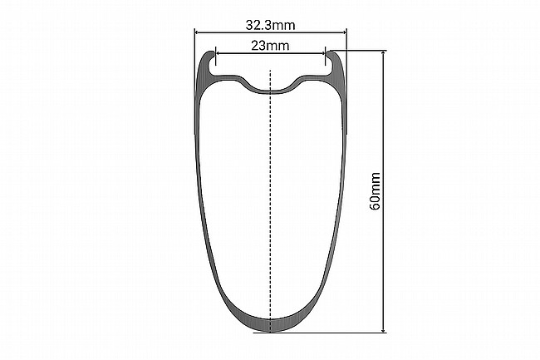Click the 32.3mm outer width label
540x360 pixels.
pos(270,25)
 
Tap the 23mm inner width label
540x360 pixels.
pos(270,46)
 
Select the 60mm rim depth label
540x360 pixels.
pos(375,191)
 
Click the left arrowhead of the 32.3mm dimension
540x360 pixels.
pos(198,32)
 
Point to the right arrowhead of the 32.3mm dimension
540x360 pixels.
pos(344,32)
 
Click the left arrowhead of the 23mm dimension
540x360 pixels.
pos(218,53)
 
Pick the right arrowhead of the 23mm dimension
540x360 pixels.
pos(322,53)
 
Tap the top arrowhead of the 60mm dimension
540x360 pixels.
pos(384,53)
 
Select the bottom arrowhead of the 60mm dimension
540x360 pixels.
pos(384,330)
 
